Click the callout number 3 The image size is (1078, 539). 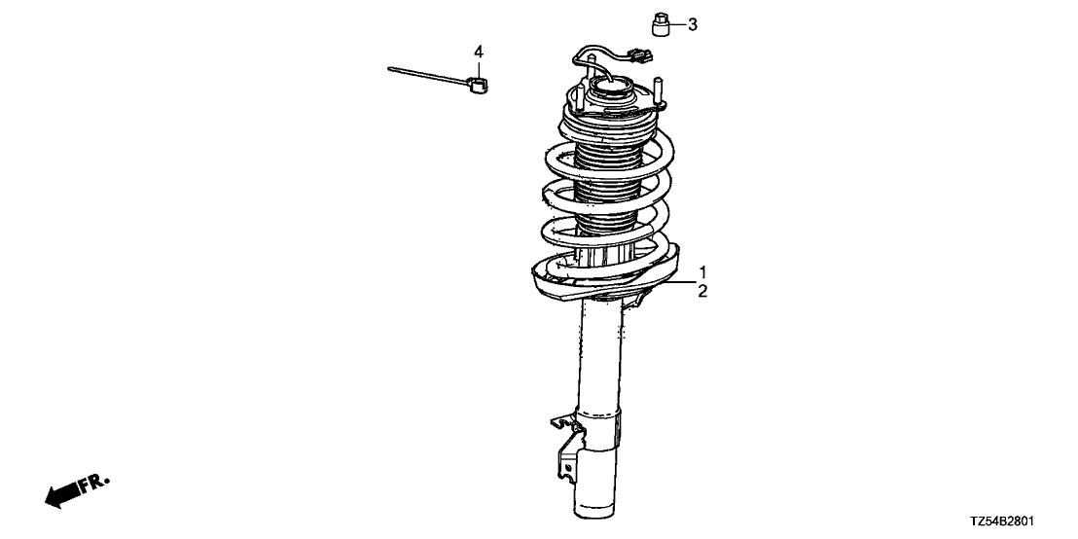point(693,24)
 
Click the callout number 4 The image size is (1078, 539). point(479,52)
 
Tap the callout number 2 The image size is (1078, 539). point(702,292)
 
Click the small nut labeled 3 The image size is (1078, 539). point(661,23)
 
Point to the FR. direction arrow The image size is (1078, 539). point(62,494)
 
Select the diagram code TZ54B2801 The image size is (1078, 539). point(1003,521)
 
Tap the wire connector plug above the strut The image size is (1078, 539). point(641,54)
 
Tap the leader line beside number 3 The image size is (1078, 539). point(677,24)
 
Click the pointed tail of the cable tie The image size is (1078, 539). point(389,69)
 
